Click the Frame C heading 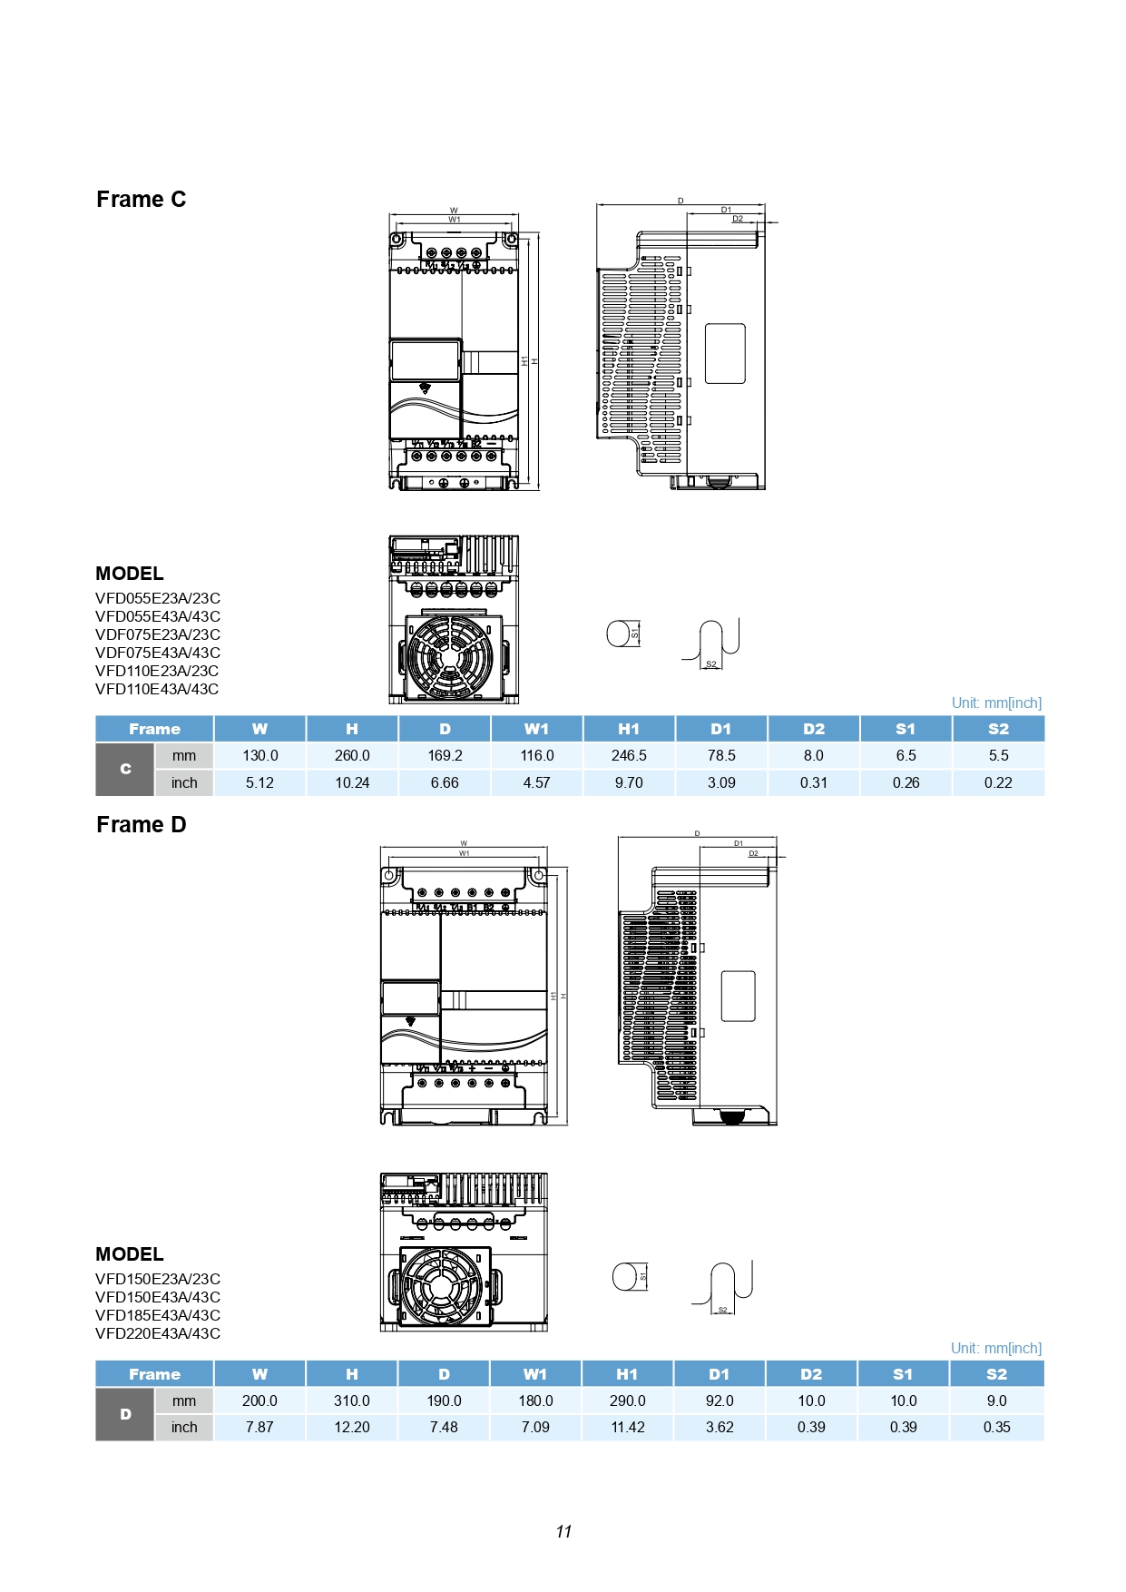[x=141, y=200]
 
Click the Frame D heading [x=141, y=825]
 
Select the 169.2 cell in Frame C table [x=445, y=755]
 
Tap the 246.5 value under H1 [x=629, y=755]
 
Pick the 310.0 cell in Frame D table [x=352, y=1400]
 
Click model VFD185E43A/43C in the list [x=158, y=1315]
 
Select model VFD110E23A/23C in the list [x=158, y=671]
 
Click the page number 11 [x=563, y=1532]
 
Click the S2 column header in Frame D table [x=996, y=1374]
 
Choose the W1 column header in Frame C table [x=536, y=729]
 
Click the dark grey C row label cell [x=125, y=769]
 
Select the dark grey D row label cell [x=125, y=1414]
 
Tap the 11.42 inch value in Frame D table [x=628, y=1427]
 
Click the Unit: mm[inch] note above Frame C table [x=996, y=703]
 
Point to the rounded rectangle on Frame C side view [x=725, y=353]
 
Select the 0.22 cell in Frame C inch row [x=998, y=782]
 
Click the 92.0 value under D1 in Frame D [x=720, y=1400]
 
